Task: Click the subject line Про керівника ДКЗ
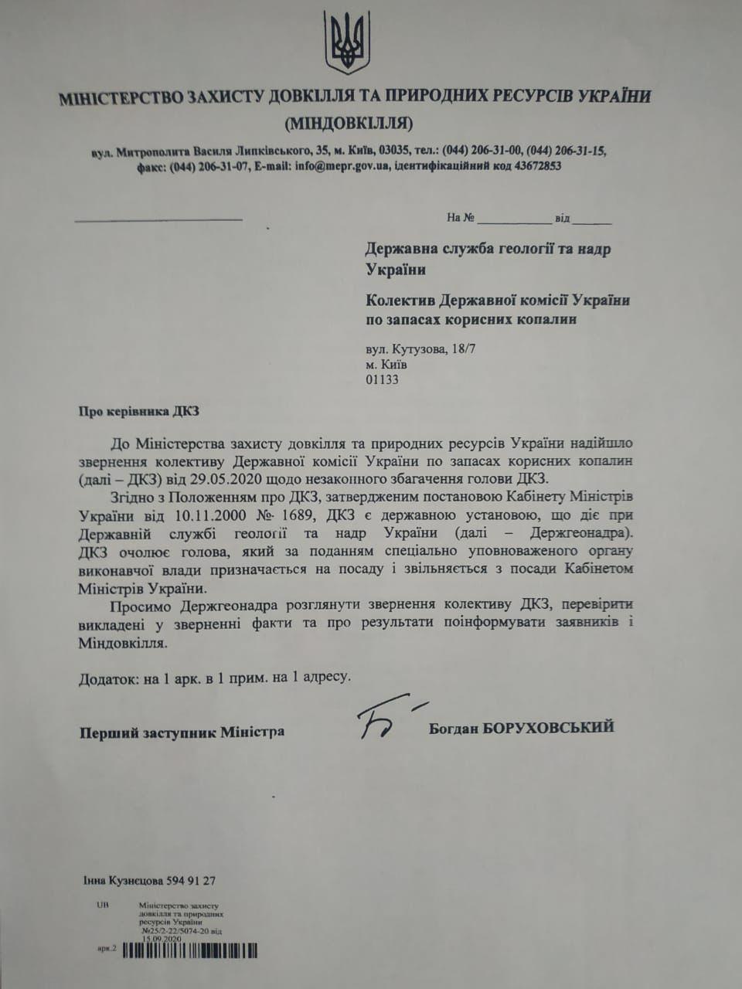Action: click(139, 411)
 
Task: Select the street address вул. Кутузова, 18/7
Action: click(420, 349)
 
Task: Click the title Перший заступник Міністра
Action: click(182, 732)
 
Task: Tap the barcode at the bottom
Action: click(189, 950)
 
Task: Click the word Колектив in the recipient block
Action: click(400, 300)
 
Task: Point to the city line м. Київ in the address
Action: click(386, 365)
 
